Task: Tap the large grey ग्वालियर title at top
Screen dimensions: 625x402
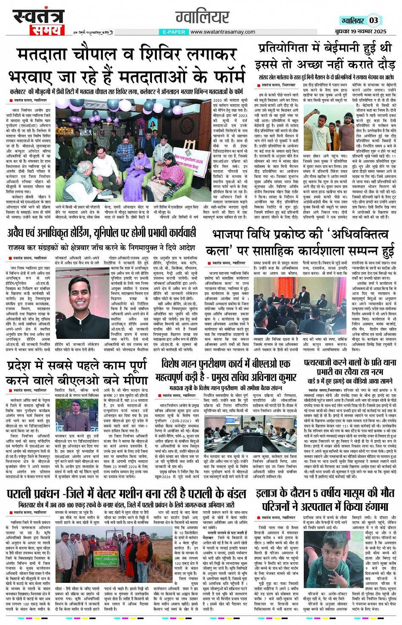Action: point(202,17)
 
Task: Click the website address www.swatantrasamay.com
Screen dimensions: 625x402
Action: point(222,32)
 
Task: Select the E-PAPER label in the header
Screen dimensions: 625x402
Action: point(174,32)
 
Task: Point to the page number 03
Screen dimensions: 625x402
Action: point(373,20)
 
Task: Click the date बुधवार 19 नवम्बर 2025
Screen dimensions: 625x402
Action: point(360,32)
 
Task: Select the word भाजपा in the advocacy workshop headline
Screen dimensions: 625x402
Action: point(231,235)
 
